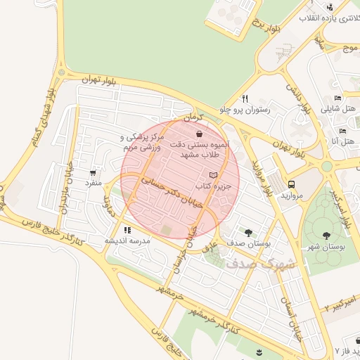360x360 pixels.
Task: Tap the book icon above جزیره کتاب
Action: (x=214, y=174)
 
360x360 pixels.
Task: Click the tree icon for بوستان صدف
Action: (x=248, y=231)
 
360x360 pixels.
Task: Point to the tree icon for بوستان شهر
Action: (x=326, y=236)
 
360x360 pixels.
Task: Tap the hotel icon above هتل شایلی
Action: (x=338, y=98)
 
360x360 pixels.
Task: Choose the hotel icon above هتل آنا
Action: (x=342, y=131)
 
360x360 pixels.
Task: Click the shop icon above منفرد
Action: (x=94, y=172)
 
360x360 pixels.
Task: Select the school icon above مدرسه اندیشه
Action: (x=127, y=230)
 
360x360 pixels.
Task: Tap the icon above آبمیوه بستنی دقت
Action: (x=200, y=133)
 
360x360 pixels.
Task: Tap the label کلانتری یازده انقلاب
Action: (x=330, y=18)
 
